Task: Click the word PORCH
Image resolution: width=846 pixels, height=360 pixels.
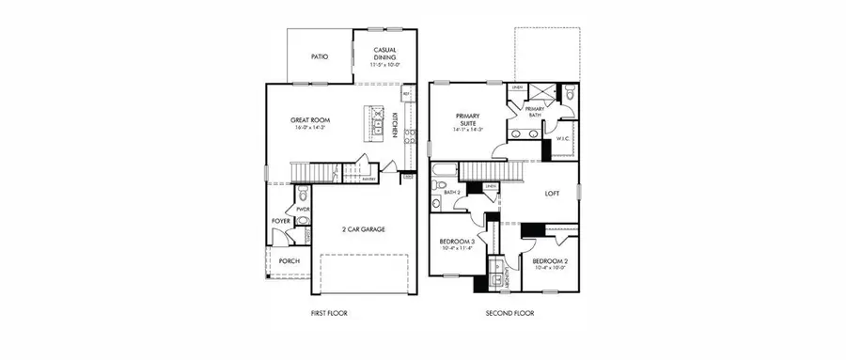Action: tap(289, 261)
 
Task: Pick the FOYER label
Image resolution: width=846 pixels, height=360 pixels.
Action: tap(280, 222)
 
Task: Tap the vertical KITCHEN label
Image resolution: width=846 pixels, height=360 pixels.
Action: tap(396, 127)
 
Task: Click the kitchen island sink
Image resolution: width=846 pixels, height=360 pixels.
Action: tap(376, 124)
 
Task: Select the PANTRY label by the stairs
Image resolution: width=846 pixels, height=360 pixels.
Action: tap(369, 178)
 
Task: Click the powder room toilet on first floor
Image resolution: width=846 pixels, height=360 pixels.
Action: tap(303, 223)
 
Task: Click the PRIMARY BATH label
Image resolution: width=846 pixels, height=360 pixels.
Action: tap(534, 113)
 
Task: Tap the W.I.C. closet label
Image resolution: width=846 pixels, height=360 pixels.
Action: tap(563, 138)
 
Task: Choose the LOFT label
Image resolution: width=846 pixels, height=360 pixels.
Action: tap(554, 194)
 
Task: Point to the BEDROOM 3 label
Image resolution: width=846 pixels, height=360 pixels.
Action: tap(457, 242)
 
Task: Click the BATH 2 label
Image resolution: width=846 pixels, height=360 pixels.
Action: tap(452, 192)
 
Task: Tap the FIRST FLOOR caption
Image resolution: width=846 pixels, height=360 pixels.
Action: tap(328, 313)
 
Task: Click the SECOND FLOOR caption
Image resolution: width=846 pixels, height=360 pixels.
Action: tap(509, 313)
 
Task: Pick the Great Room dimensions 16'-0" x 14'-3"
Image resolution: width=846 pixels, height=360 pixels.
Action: tap(309, 128)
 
